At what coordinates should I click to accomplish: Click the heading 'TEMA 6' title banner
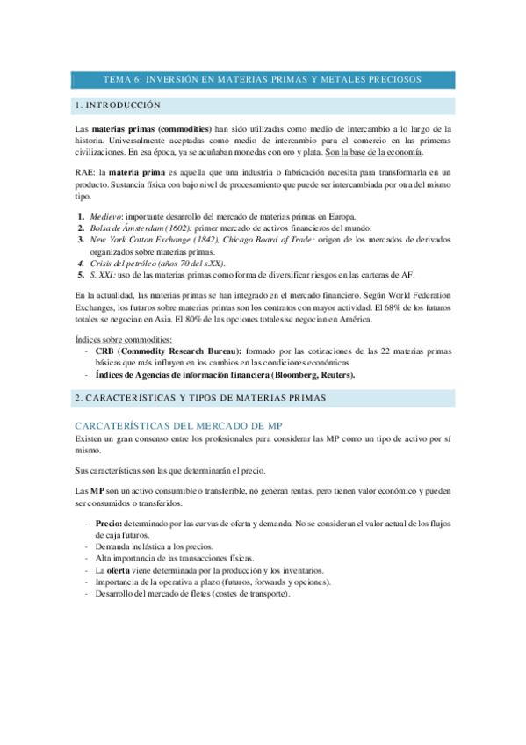263,79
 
